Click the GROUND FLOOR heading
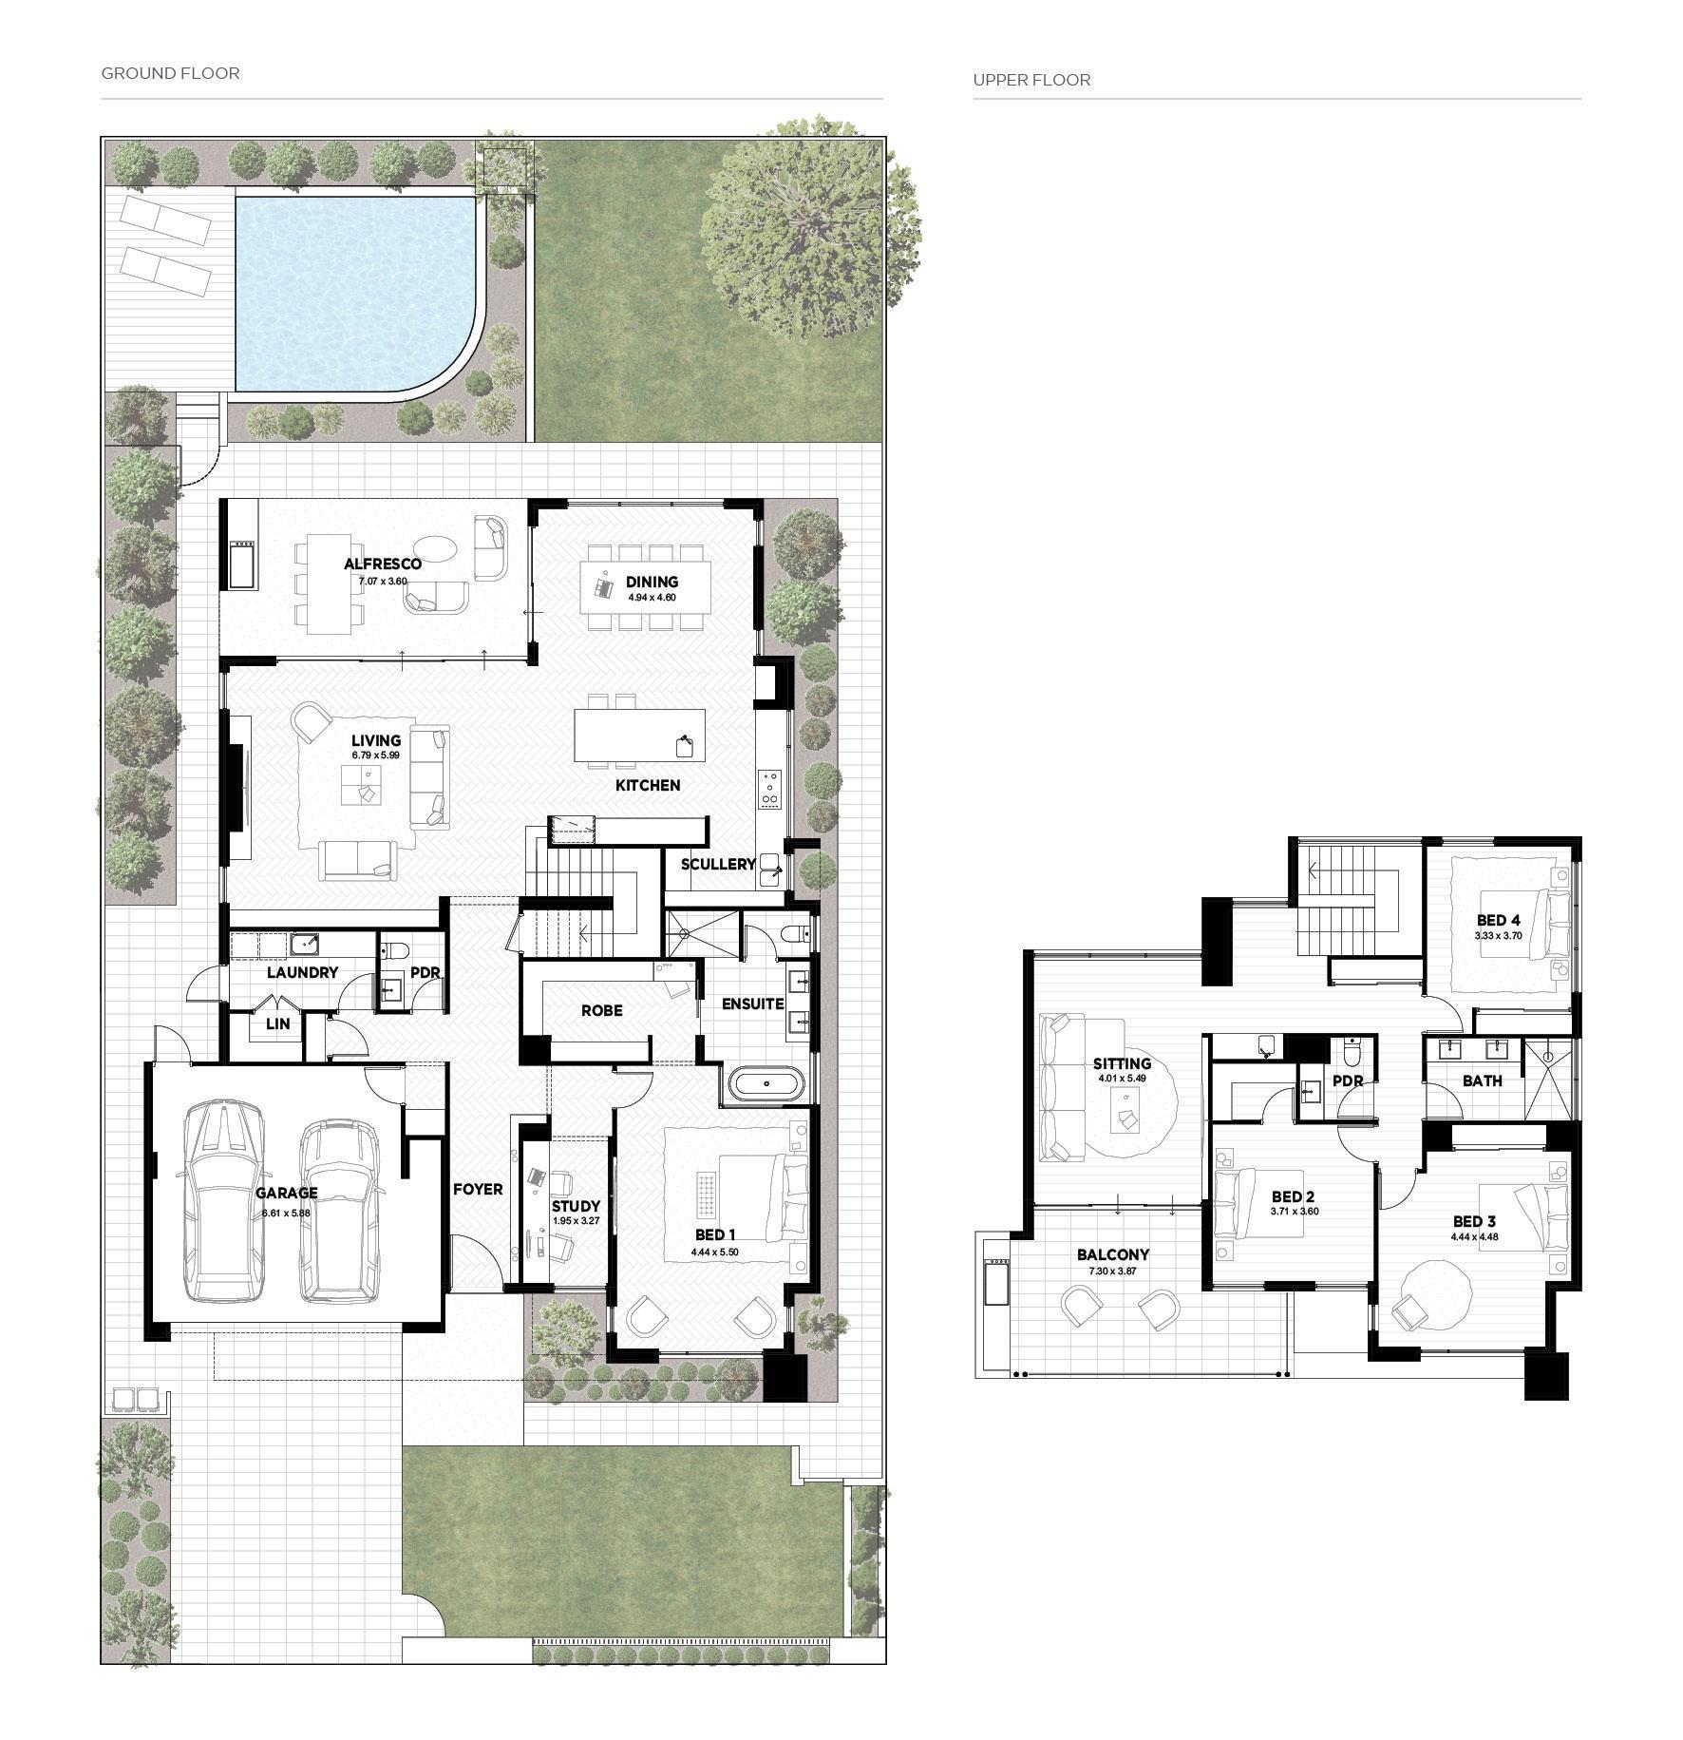pyautogui.click(x=171, y=73)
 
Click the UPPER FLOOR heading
pyautogui.click(x=1031, y=80)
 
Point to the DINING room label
pyautogui.click(x=652, y=582)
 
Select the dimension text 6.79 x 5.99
pyautogui.click(x=376, y=755)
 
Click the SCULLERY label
pyautogui.click(x=718, y=864)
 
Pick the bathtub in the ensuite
pyautogui.click(x=767, y=1084)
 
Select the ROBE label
pyautogui.click(x=602, y=1010)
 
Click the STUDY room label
pyautogui.click(x=576, y=1207)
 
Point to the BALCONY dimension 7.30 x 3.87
pyautogui.click(x=1112, y=1272)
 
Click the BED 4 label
pyautogui.click(x=1499, y=920)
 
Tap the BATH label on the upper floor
pyautogui.click(x=1483, y=1080)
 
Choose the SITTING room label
pyautogui.click(x=1122, y=1063)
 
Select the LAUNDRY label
pyautogui.click(x=302, y=972)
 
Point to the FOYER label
pyautogui.click(x=478, y=1189)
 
